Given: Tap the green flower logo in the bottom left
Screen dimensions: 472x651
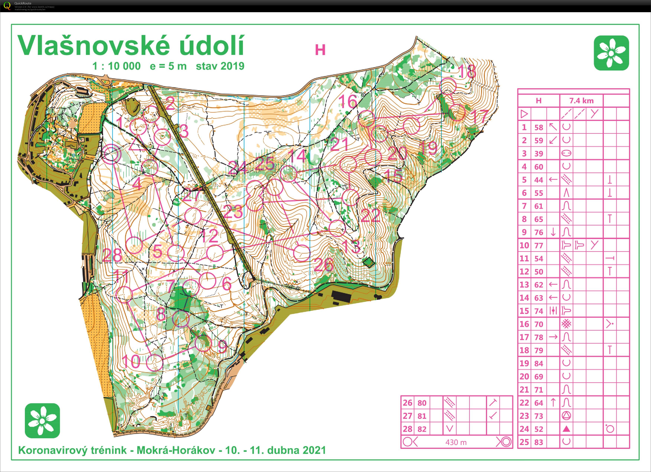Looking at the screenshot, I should click(x=43, y=420).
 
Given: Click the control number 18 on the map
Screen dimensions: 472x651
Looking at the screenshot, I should click(x=468, y=72).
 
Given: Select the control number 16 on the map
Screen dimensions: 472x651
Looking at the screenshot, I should click(x=348, y=101).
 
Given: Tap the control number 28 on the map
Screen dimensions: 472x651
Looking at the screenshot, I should click(x=112, y=255).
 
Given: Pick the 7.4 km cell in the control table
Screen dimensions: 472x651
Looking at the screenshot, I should click(x=581, y=101).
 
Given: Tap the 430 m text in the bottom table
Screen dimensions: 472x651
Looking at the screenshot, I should click(x=456, y=442).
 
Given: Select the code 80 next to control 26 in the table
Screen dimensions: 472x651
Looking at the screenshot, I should click(x=422, y=403).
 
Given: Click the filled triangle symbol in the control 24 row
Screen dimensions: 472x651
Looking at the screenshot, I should click(x=566, y=429).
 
